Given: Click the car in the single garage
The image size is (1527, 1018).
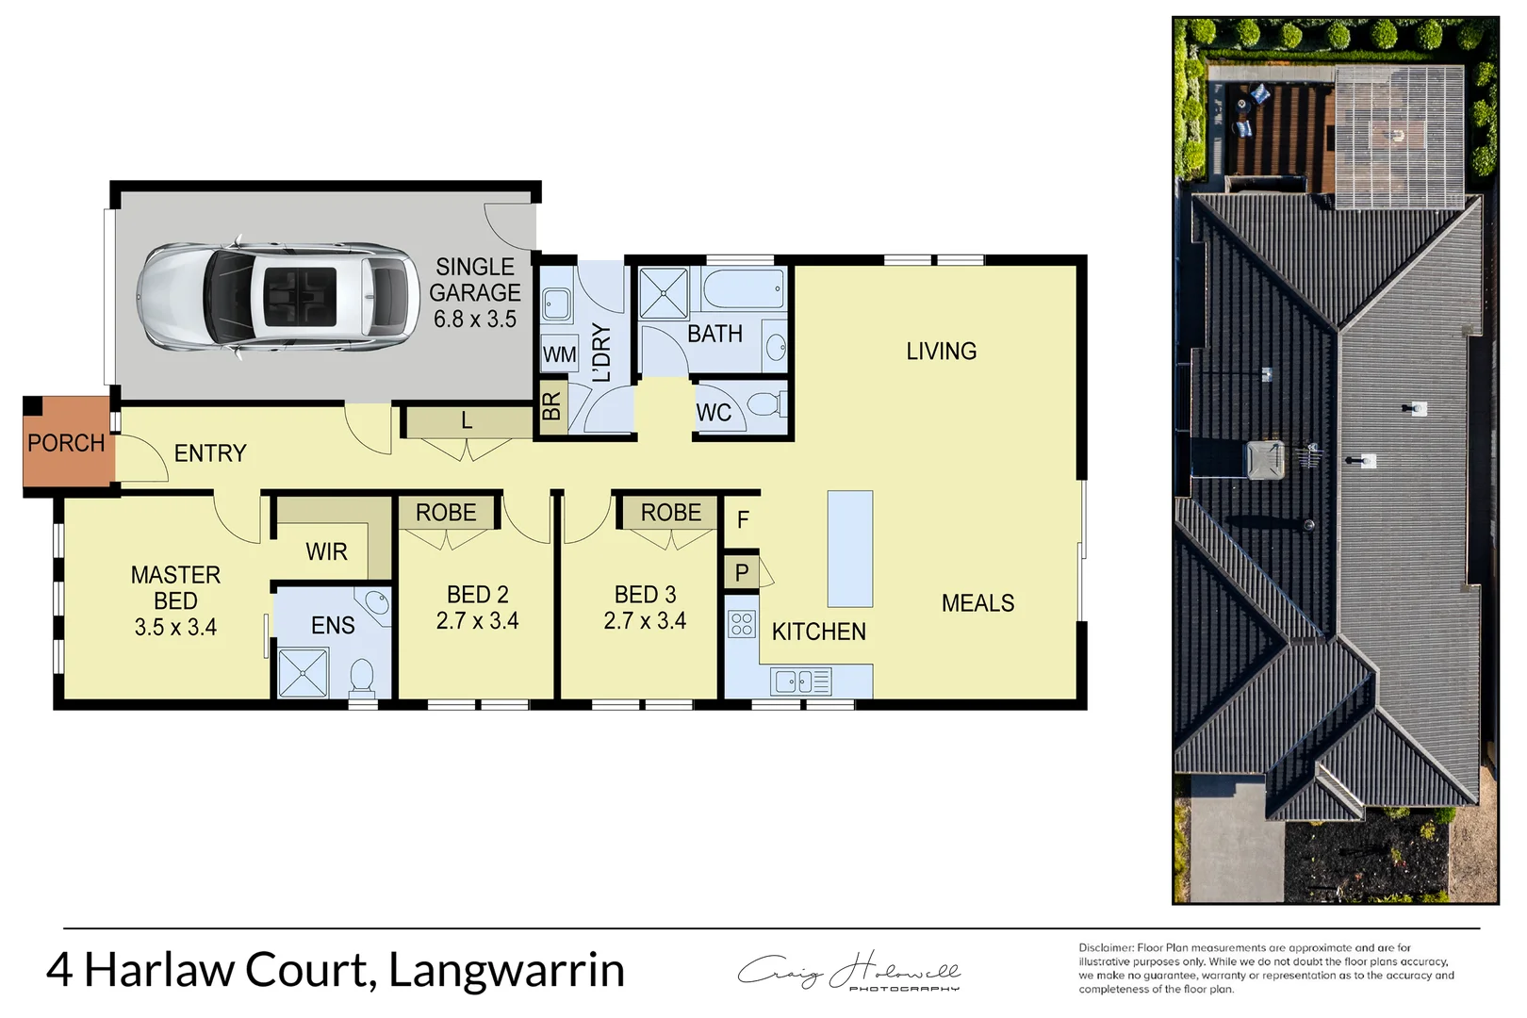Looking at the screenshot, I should (278, 297).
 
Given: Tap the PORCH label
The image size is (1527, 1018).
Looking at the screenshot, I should (65, 443).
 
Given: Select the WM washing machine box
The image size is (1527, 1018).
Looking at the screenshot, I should (559, 355).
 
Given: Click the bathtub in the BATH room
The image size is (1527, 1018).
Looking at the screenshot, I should (743, 288).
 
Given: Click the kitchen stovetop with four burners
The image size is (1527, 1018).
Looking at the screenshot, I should (742, 624).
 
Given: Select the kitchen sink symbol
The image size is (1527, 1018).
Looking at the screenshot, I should (800, 681).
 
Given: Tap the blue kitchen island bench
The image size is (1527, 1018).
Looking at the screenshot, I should (849, 548).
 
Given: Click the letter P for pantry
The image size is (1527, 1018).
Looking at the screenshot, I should (742, 572).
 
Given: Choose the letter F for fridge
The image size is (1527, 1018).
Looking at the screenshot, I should (743, 519).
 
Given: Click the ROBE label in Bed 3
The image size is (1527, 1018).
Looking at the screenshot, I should (670, 513).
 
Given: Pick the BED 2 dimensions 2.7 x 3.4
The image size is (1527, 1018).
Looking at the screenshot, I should (477, 621).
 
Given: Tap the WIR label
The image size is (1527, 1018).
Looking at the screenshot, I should (326, 551).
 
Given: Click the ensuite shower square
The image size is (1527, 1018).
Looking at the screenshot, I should (303, 673).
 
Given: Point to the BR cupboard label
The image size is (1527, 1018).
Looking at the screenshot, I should (551, 406).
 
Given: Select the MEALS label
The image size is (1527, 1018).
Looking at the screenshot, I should (977, 603).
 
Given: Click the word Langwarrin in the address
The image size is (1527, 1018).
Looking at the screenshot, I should (506, 970).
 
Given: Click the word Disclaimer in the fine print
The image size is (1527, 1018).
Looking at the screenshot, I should (1106, 947).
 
